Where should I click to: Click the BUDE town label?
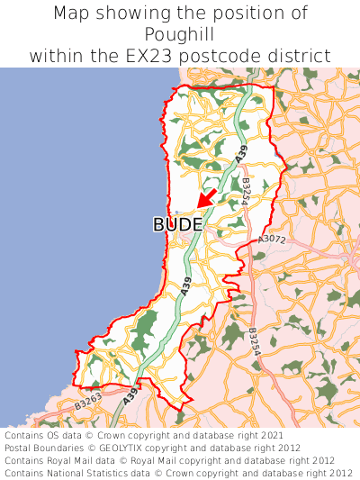click(177, 224)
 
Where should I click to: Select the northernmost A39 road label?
click(241, 154)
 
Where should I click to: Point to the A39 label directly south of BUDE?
click(186, 287)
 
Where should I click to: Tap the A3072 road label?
click(271, 240)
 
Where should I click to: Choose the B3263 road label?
click(87, 405)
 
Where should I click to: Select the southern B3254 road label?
click(255, 341)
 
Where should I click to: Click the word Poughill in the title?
click(179, 34)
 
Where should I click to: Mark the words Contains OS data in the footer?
click(40, 435)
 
